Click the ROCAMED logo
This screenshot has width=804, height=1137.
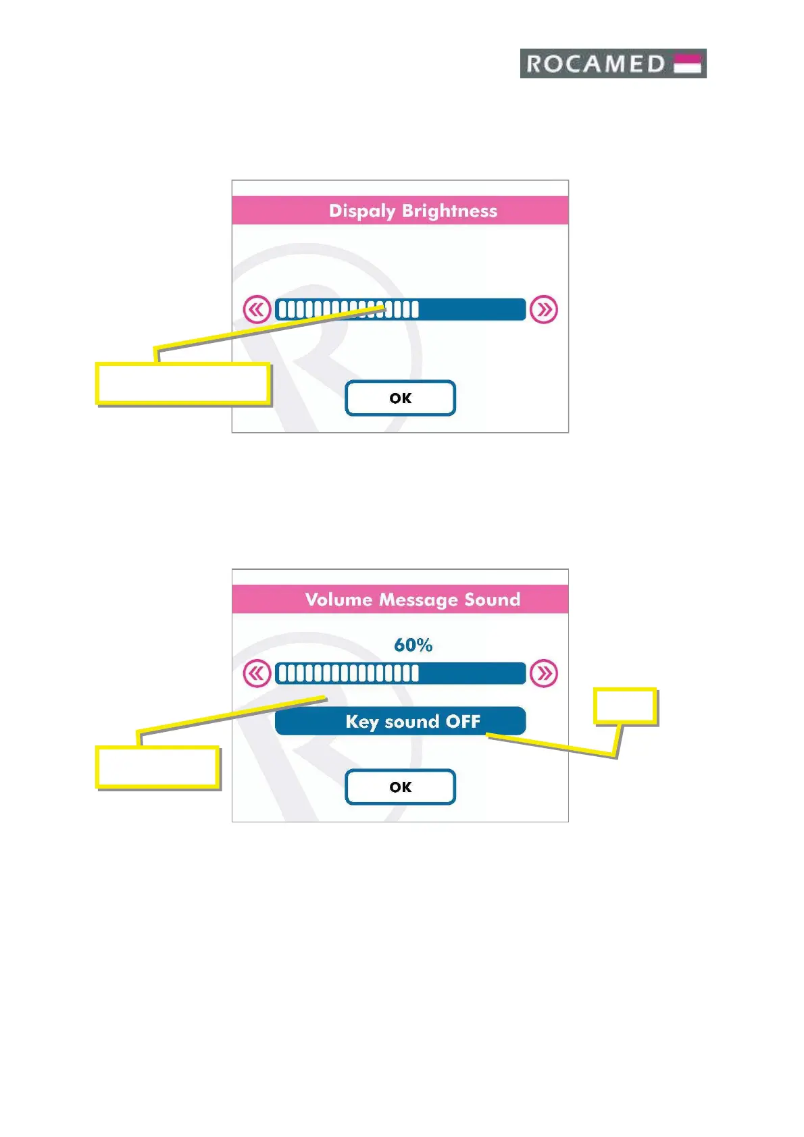[612, 63]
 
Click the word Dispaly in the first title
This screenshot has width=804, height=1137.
[361, 211]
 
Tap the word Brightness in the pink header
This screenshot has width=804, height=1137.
[449, 211]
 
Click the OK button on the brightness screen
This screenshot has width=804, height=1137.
[400, 398]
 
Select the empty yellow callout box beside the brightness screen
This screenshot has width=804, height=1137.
[183, 384]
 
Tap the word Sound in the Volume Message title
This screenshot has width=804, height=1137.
[492, 600]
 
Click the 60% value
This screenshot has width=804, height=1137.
[413, 645]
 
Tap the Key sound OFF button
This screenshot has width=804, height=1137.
[400, 721]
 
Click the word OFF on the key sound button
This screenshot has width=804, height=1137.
[463, 721]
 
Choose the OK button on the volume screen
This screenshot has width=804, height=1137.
[400, 787]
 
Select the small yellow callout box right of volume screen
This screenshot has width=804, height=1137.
[625, 706]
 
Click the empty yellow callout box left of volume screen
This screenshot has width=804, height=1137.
[157, 767]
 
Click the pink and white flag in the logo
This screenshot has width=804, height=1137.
[688, 63]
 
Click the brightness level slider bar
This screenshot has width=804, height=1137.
[400, 309]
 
